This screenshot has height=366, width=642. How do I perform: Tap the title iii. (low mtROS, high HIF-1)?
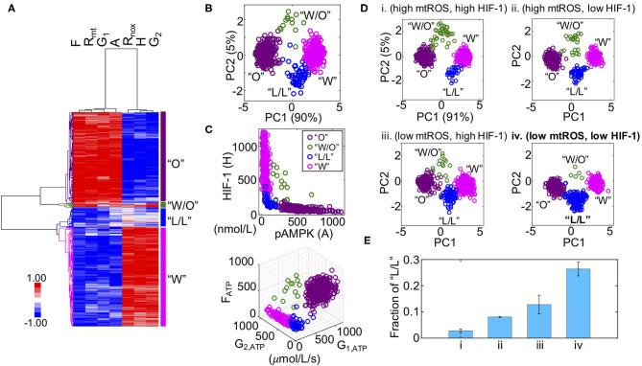click(x=460, y=136)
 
